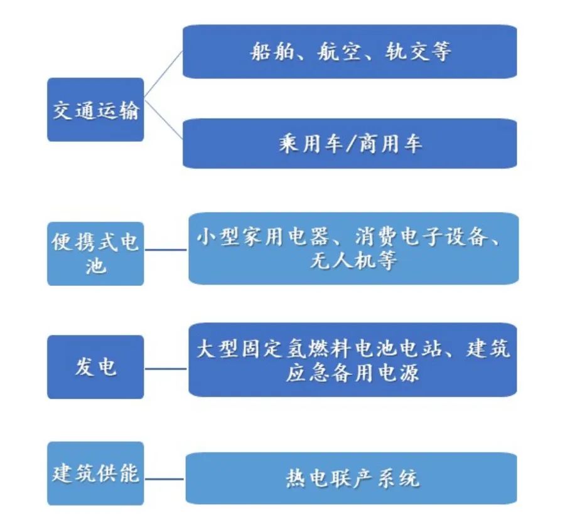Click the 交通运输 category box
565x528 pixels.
click(x=95, y=109)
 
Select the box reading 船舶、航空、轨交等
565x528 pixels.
click(x=350, y=51)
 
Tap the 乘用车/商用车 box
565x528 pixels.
click(x=350, y=143)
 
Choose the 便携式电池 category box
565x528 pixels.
click(x=95, y=254)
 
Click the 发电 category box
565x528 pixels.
click(x=95, y=367)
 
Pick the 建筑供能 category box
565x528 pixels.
click(x=95, y=473)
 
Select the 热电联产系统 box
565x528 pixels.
click(x=352, y=478)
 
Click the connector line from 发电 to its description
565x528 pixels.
click(x=166, y=369)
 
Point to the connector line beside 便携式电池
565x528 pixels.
click(x=166, y=250)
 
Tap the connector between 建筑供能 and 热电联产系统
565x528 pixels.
click(x=164, y=479)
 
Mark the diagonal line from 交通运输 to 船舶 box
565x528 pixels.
click(x=163, y=74)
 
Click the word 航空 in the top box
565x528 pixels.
click(x=338, y=51)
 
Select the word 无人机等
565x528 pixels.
click(x=353, y=260)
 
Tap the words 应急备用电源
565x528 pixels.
click(x=353, y=372)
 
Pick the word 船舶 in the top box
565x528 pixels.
click(x=272, y=51)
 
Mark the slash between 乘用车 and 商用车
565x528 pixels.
click(x=350, y=144)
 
